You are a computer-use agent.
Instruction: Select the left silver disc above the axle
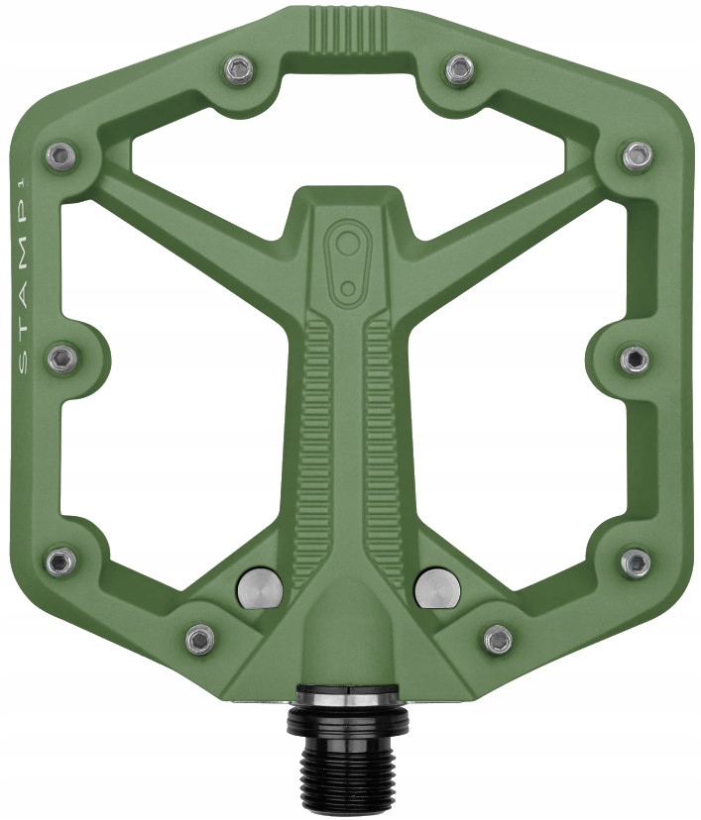[260, 587]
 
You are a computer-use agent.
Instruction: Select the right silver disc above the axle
[436, 587]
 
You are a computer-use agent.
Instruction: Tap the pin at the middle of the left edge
[61, 358]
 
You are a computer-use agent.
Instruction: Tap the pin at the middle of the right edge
[636, 358]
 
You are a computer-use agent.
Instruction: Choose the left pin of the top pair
[239, 68]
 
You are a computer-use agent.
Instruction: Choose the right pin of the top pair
[459, 68]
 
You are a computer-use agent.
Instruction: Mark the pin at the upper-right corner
[637, 154]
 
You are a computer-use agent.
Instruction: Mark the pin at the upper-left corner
[61, 154]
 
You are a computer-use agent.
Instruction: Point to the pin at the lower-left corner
[61, 562]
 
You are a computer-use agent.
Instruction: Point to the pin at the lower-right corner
[637, 562]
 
